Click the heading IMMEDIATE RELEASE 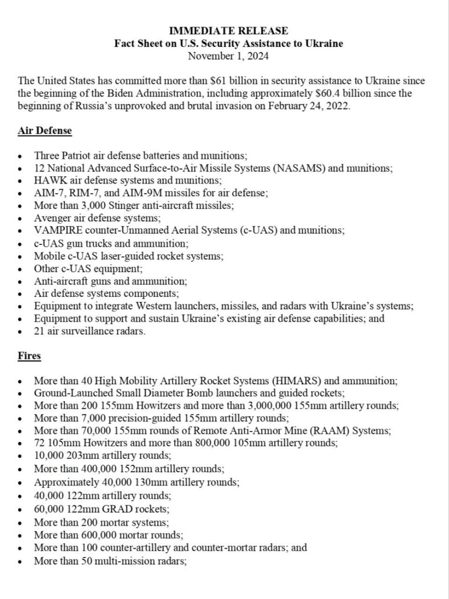click(228, 31)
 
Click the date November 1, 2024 click(228, 56)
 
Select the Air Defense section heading click(45, 131)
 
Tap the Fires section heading click(29, 356)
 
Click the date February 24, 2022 click(309, 106)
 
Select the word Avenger click(52, 218)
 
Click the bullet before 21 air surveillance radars click(20, 332)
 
